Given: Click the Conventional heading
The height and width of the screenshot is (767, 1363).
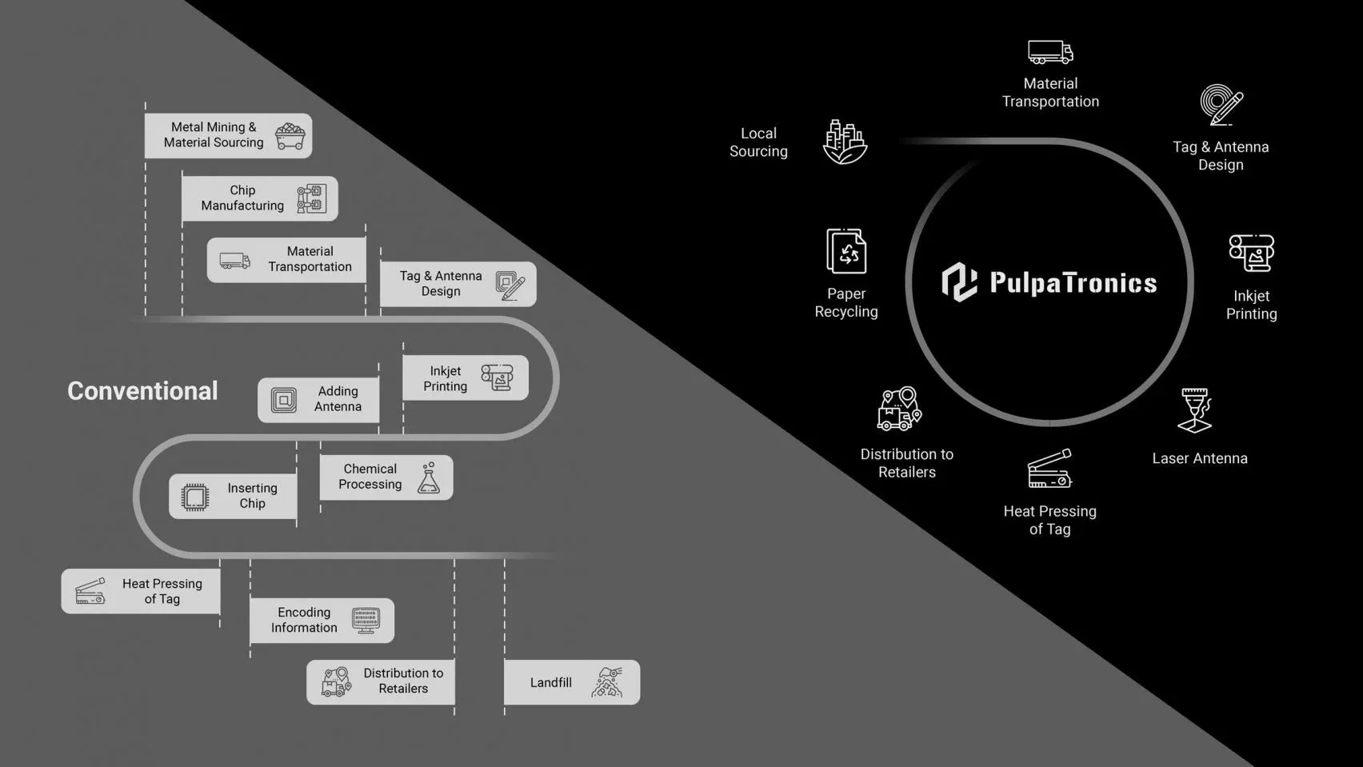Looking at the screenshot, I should pyautogui.click(x=142, y=391).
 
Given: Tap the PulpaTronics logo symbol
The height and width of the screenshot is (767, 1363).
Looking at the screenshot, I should pyautogui.click(x=959, y=282).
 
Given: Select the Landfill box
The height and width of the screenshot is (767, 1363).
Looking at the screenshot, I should pyautogui.click(x=571, y=682).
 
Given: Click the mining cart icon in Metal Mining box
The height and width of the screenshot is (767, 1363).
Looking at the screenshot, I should pyautogui.click(x=290, y=136).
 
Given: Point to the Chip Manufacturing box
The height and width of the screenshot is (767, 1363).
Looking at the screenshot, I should pyautogui.click(x=259, y=198).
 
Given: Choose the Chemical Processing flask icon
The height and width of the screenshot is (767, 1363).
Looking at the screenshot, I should pyautogui.click(x=429, y=477).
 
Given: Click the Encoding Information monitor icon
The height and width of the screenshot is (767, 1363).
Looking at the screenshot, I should pyautogui.click(x=366, y=621).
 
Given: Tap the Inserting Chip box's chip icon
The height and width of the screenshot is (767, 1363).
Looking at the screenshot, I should pyautogui.click(x=194, y=497).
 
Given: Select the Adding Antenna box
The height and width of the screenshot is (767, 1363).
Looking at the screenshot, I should pyautogui.click(x=318, y=399).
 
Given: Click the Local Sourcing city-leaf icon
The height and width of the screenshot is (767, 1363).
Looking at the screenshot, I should pyautogui.click(x=845, y=142).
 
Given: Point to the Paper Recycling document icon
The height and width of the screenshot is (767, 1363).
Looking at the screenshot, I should pyautogui.click(x=846, y=251).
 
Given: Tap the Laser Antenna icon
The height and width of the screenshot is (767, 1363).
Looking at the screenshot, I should pyautogui.click(x=1196, y=409).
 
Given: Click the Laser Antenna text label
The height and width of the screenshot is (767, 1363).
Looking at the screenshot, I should pyautogui.click(x=1199, y=458).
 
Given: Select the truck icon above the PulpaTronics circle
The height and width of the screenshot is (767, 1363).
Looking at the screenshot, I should pyautogui.click(x=1050, y=53).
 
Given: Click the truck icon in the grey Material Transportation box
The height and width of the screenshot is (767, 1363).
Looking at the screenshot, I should pyautogui.click(x=234, y=261).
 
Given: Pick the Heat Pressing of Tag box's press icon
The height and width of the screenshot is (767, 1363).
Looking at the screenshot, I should pyautogui.click(x=90, y=592).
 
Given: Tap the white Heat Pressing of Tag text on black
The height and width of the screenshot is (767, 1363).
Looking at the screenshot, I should pyautogui.click(x=1049, y=520).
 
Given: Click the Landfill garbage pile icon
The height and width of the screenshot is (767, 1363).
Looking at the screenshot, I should pyautogui.click(x=607, y=682).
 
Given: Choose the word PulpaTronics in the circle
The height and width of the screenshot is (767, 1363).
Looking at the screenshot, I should pyautogui.click(x=1073, y=283).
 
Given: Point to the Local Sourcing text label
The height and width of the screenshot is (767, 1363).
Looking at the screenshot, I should pyautogui.click(x=758, y=142).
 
